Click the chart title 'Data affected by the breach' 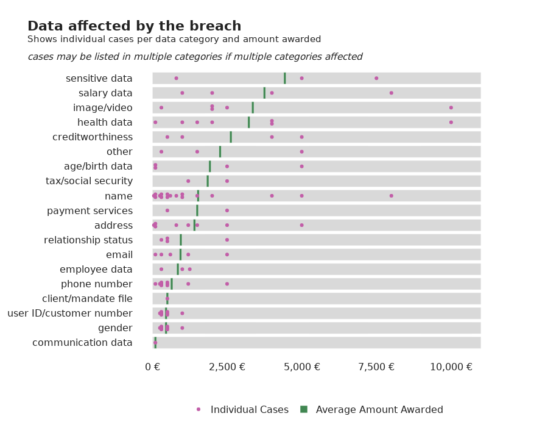[x=134, y=26]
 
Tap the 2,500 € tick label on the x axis [x=227, y=367]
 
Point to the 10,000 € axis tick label [x=451, y=367]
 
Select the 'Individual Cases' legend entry [x=242, y=409]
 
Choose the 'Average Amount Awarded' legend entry [x=372, y=409]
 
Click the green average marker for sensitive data [x=284, y=78]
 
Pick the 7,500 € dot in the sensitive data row [x=376, y=78]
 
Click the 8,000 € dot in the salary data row [x=391, y=93]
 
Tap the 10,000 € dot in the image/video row [x=451, y=107]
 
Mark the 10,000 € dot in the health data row [x=451, y=122]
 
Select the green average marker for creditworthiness [x=231, y=137]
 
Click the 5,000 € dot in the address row [x=301, y=225]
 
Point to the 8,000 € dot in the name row [x=391, y=196]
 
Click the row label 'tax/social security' [x=89, y=181]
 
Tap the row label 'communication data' [x=82, y=343]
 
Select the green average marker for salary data [x=264, y=93]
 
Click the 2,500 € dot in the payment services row [x=227, y=210]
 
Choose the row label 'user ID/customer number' [x=70, y=314]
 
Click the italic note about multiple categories [x=195, y=57]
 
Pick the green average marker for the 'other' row [x=220, y=151]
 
